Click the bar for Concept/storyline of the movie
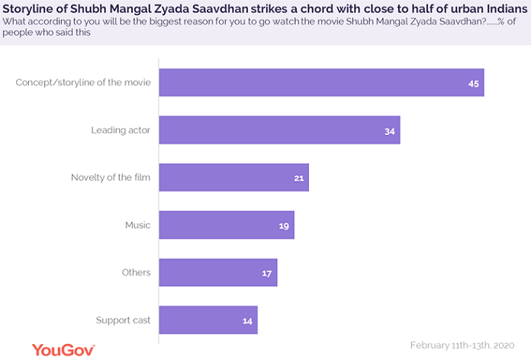click(320, 82)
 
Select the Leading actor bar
click(279, 130)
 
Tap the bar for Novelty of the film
click(233, 177)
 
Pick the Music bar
click(226, 225)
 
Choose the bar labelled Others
click(217, 272)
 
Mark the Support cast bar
click(208, 320)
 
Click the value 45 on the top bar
click(473, 82)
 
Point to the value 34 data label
click(390, 130)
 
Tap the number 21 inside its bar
click(298, 178)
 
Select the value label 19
click(284, 226)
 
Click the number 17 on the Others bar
click(267, 273)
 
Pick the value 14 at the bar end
click(247, 320)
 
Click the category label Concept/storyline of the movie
click(83, 82)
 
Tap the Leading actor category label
click(121, 130)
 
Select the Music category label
click(137, 225)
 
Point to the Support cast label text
click(123, 320)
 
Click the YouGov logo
click(63, 349)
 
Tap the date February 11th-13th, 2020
click(466, 344)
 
